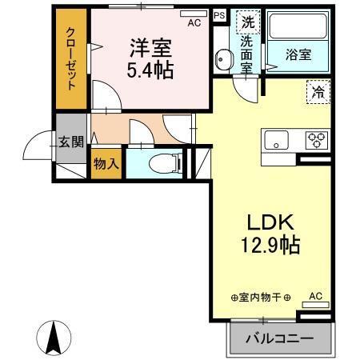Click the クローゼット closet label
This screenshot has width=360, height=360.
[x=70, y=62]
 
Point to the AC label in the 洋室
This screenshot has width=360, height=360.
[x=194, y=23]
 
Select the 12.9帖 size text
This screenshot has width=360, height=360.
[x=267, y=245]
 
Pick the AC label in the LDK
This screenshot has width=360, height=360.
[x=315, y=295]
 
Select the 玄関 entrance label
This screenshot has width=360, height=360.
[x=70, y=143]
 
